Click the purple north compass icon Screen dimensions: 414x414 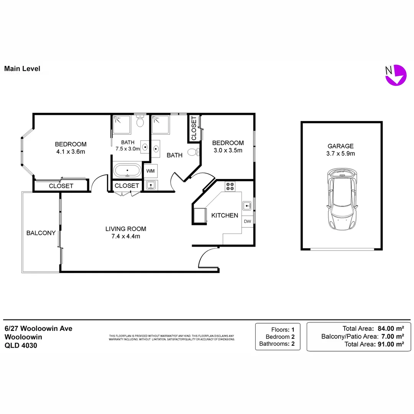395,75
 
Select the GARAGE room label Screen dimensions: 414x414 340,146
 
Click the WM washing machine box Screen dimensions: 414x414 151,171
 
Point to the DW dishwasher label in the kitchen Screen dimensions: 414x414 247,221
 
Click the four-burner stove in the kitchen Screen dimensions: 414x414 230,186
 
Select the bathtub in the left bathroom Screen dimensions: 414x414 127,170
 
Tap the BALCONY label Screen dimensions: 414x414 41,233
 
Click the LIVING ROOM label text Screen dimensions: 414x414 126,229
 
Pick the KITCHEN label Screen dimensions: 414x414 225,215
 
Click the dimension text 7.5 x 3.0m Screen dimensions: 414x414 128,149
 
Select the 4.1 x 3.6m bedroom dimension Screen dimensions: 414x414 71,151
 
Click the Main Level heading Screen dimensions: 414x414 22,69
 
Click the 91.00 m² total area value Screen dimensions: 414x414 389,344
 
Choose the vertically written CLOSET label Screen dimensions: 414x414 194,128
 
